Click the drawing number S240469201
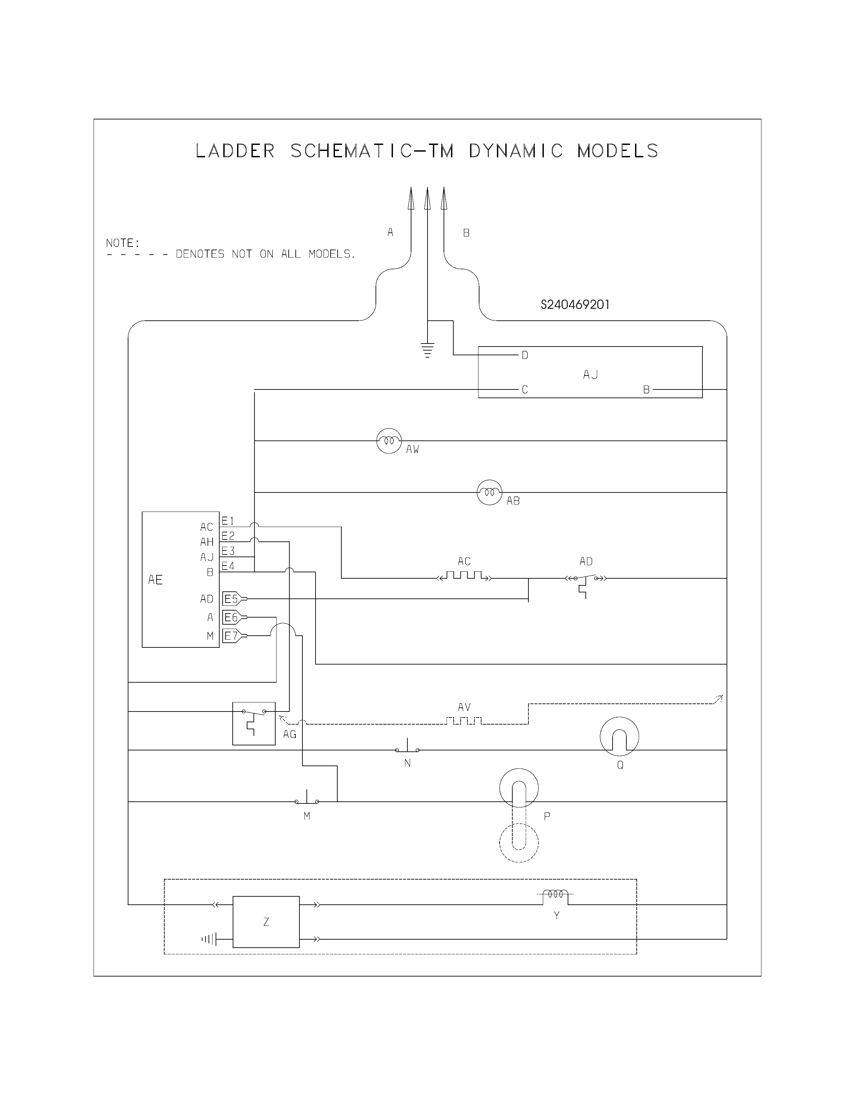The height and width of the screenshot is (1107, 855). pyautogui.click(x=575, y=305)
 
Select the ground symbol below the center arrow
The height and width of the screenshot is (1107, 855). pyautogui.click(x=427, y=350)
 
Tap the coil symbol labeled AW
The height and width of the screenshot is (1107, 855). pyautogui.click(x=389, y=440)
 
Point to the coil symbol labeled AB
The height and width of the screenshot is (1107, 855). pyautogui.click(x=489, y=492)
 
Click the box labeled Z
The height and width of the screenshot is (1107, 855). pyautogui.click(x=266, y=922)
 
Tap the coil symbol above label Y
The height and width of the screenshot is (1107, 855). pyautogui.click(x=555, y=895)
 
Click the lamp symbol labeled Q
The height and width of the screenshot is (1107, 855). pyautogui.click(x=619, y=736)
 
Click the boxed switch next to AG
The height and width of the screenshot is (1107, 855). pyautogui.click(x=254, y=723)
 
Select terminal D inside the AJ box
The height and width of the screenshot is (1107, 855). pyautogui.click(x=525, y=355)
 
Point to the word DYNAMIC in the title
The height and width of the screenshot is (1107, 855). pyautogui.click(x=516, y=151)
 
